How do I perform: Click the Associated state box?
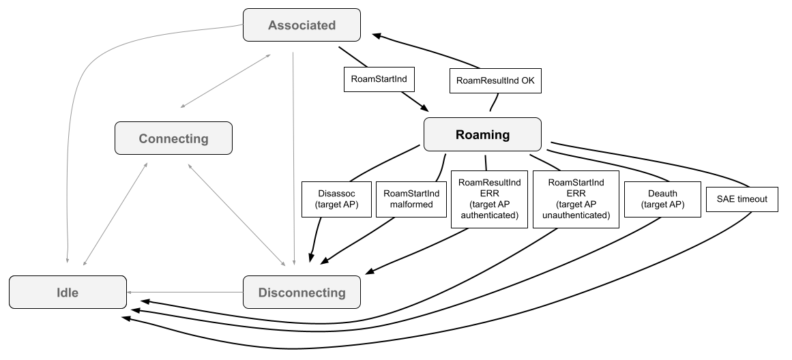click(x=302, y=25)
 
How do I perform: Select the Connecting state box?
click(x=173, y=138)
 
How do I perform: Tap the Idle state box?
click(x=68, y=292)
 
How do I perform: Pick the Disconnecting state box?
click(x=302, y=292)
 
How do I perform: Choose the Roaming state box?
click(x=482, y=134)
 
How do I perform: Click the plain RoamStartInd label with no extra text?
click(x=379, y=79)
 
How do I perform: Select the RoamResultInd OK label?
click(x=495, y=80)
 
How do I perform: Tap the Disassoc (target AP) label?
click(x=338, y=199)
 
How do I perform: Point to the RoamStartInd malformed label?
click(x=411, y=199)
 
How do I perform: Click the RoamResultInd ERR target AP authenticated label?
click(x=489, y=199)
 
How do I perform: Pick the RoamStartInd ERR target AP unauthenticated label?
click(x=576, y=199)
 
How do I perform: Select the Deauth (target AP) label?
click(x=662, y=199)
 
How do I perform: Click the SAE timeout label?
click(x=742, y=199)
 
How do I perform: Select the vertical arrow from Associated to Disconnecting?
click(x=293, y=157)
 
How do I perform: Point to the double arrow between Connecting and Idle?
click(x=115, y=213)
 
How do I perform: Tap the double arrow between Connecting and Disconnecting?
click(x=236, y=213)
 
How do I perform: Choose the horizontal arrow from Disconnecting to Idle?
click(x=185, y=292)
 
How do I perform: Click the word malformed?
click(x=411, y=205)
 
